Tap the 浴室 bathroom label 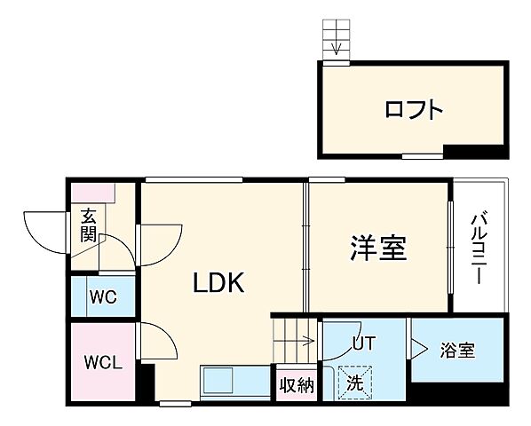tap(457, 350)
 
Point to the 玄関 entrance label tap(90, 224)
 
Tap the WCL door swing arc tap(155, 341)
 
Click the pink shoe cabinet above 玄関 tap(92, 191)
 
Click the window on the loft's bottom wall tap(422, 156)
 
